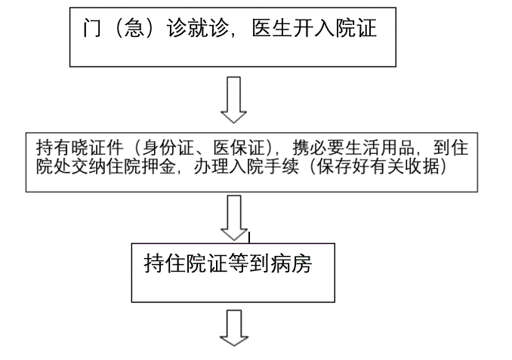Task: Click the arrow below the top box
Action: [234, 100]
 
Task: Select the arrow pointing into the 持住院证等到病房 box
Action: [234, 217]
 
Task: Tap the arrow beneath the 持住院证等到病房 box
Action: [234, 328]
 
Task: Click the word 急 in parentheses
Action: [134, 28]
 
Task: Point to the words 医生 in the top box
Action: [273, 28]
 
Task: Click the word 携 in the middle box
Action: [301, 147]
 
